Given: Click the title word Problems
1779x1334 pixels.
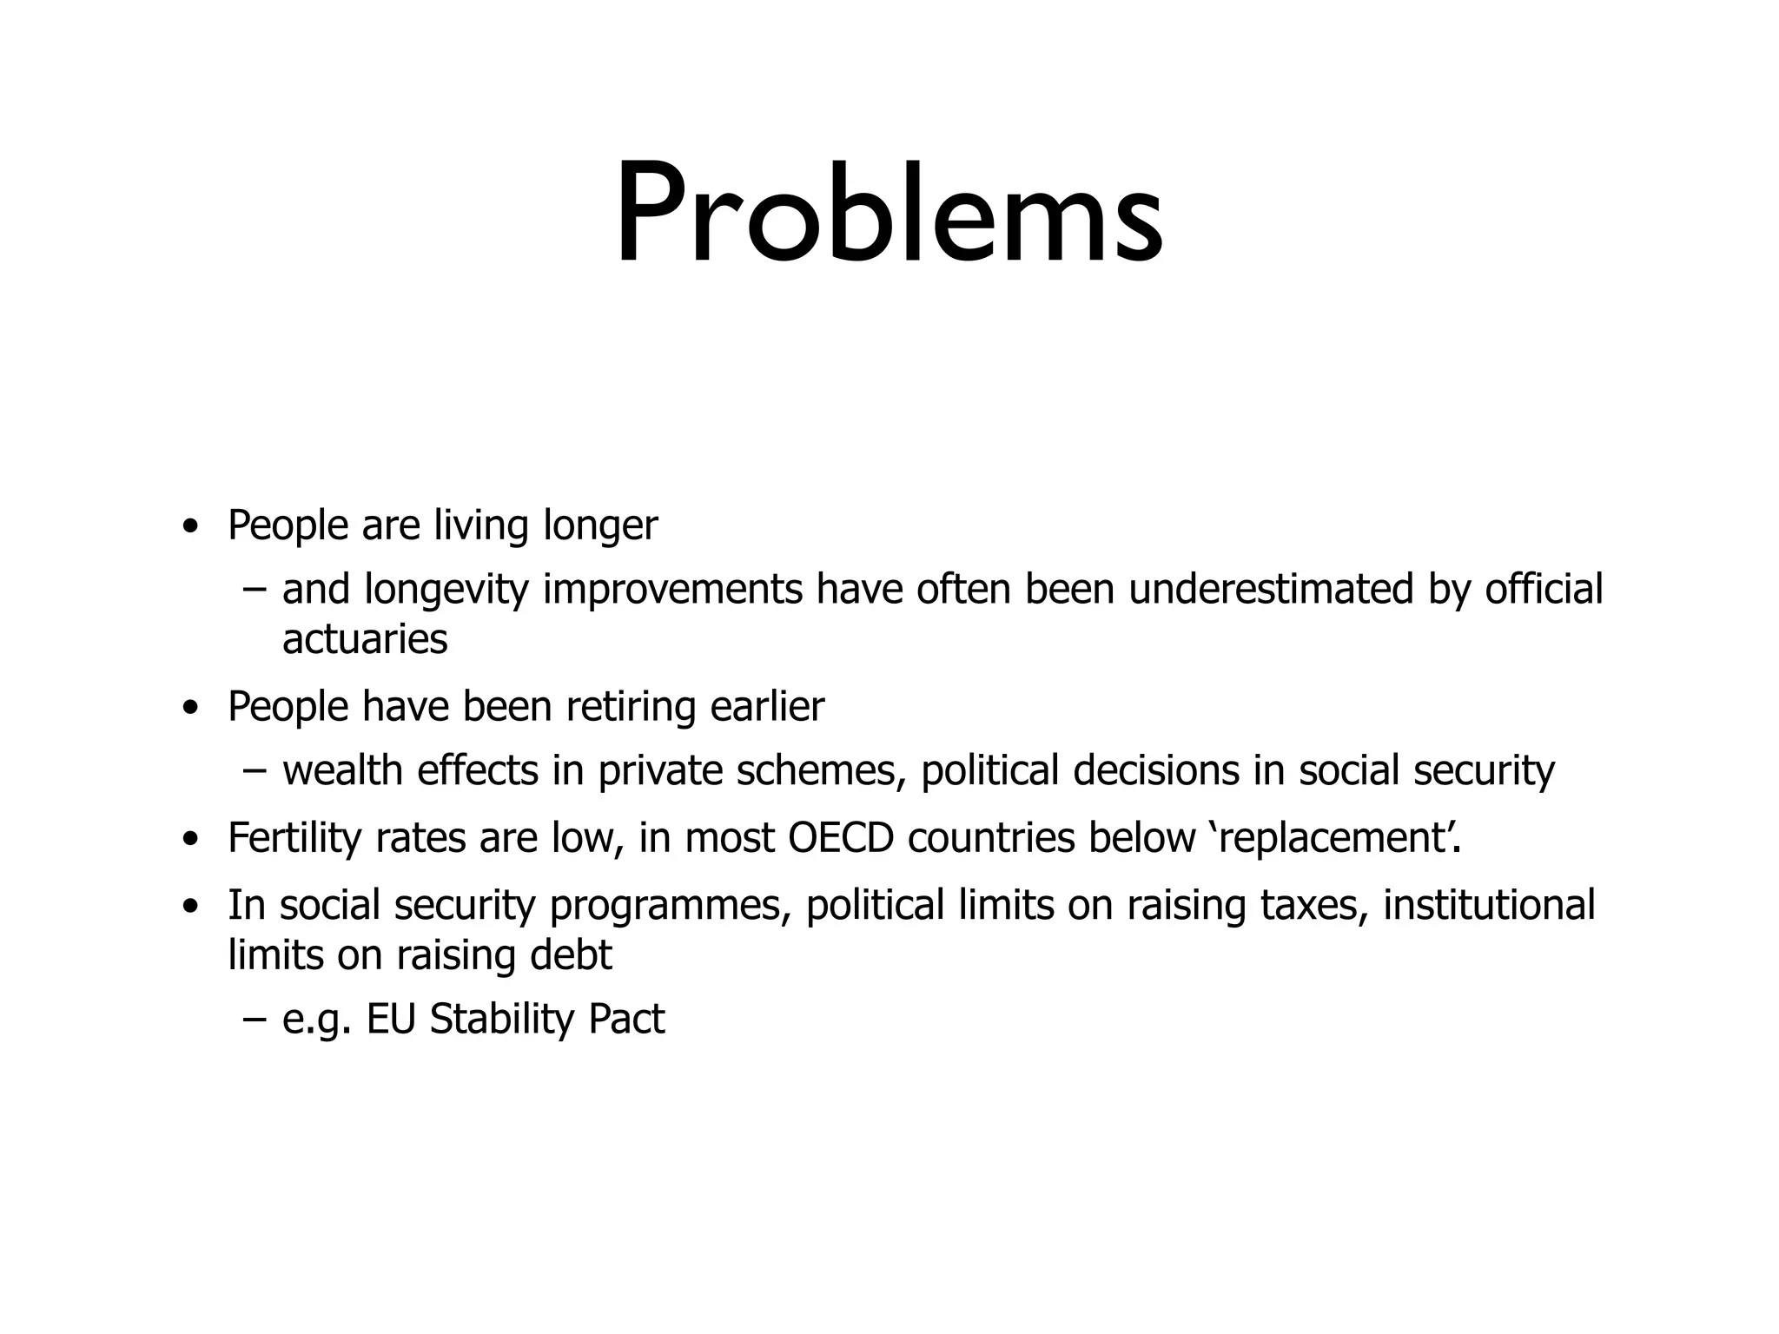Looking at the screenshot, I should [889, 213].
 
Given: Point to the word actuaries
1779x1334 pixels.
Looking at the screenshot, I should [365, 639].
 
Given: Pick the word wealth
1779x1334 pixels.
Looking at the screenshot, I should [342, 770].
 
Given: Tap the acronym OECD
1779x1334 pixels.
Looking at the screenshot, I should [841, 838].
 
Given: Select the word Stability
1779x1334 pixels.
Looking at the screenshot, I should [501, 1020].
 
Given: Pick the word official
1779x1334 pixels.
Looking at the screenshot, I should [1544, 589].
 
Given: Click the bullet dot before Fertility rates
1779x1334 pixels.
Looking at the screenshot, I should [190, 841].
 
